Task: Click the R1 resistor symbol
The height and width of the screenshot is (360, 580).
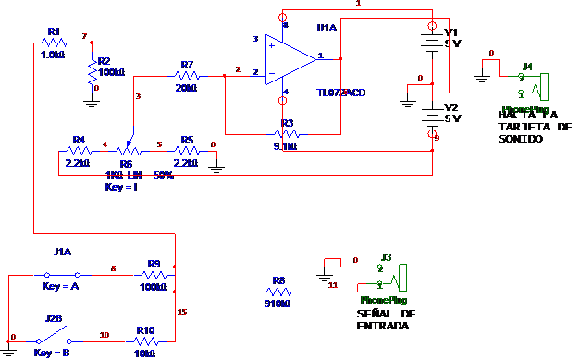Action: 52,43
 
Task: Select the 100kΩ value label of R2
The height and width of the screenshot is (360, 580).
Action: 111,71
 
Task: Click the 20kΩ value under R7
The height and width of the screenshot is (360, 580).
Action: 186,88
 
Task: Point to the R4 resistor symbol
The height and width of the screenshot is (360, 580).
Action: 79,150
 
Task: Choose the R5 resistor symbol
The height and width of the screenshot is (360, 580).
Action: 186,150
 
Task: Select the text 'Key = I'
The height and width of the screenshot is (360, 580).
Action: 122,187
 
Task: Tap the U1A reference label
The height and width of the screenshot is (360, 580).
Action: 327,30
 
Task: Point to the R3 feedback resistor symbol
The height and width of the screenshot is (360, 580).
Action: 284,134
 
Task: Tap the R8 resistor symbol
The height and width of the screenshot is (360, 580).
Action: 278,291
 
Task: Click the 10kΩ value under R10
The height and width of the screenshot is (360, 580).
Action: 144,353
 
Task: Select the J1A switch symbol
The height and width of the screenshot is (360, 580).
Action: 63,275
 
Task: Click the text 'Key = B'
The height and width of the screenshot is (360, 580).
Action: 53,354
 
